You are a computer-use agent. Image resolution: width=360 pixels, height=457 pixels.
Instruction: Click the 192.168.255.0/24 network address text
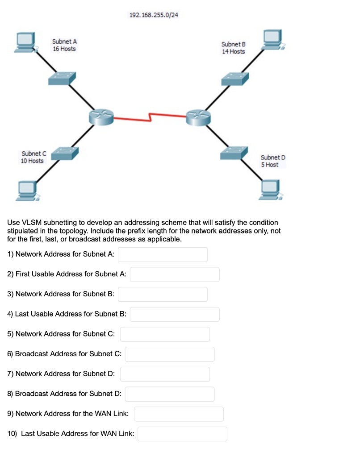pos(154,15)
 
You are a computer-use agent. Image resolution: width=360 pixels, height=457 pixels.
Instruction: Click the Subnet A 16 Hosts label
pos(64,45)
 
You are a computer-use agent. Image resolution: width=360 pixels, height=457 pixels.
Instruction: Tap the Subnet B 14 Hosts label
pos(233,48)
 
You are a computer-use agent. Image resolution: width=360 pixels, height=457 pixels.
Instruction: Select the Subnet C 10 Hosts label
pos(32,157)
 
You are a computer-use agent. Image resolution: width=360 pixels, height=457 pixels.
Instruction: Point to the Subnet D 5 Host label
pos(272,161)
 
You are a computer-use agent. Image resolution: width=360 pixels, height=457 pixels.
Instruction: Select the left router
pos(101,116)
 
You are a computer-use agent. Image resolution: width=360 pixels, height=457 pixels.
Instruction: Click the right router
pos(198,116)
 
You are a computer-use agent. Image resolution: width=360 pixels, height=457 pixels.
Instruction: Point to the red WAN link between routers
pos(150,117)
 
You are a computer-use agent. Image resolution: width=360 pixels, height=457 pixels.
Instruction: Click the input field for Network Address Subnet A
pos(163,254)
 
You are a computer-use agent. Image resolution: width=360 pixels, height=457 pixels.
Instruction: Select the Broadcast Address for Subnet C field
pos(169,354)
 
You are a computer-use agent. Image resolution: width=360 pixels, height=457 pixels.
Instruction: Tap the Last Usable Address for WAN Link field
pos(182,434)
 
